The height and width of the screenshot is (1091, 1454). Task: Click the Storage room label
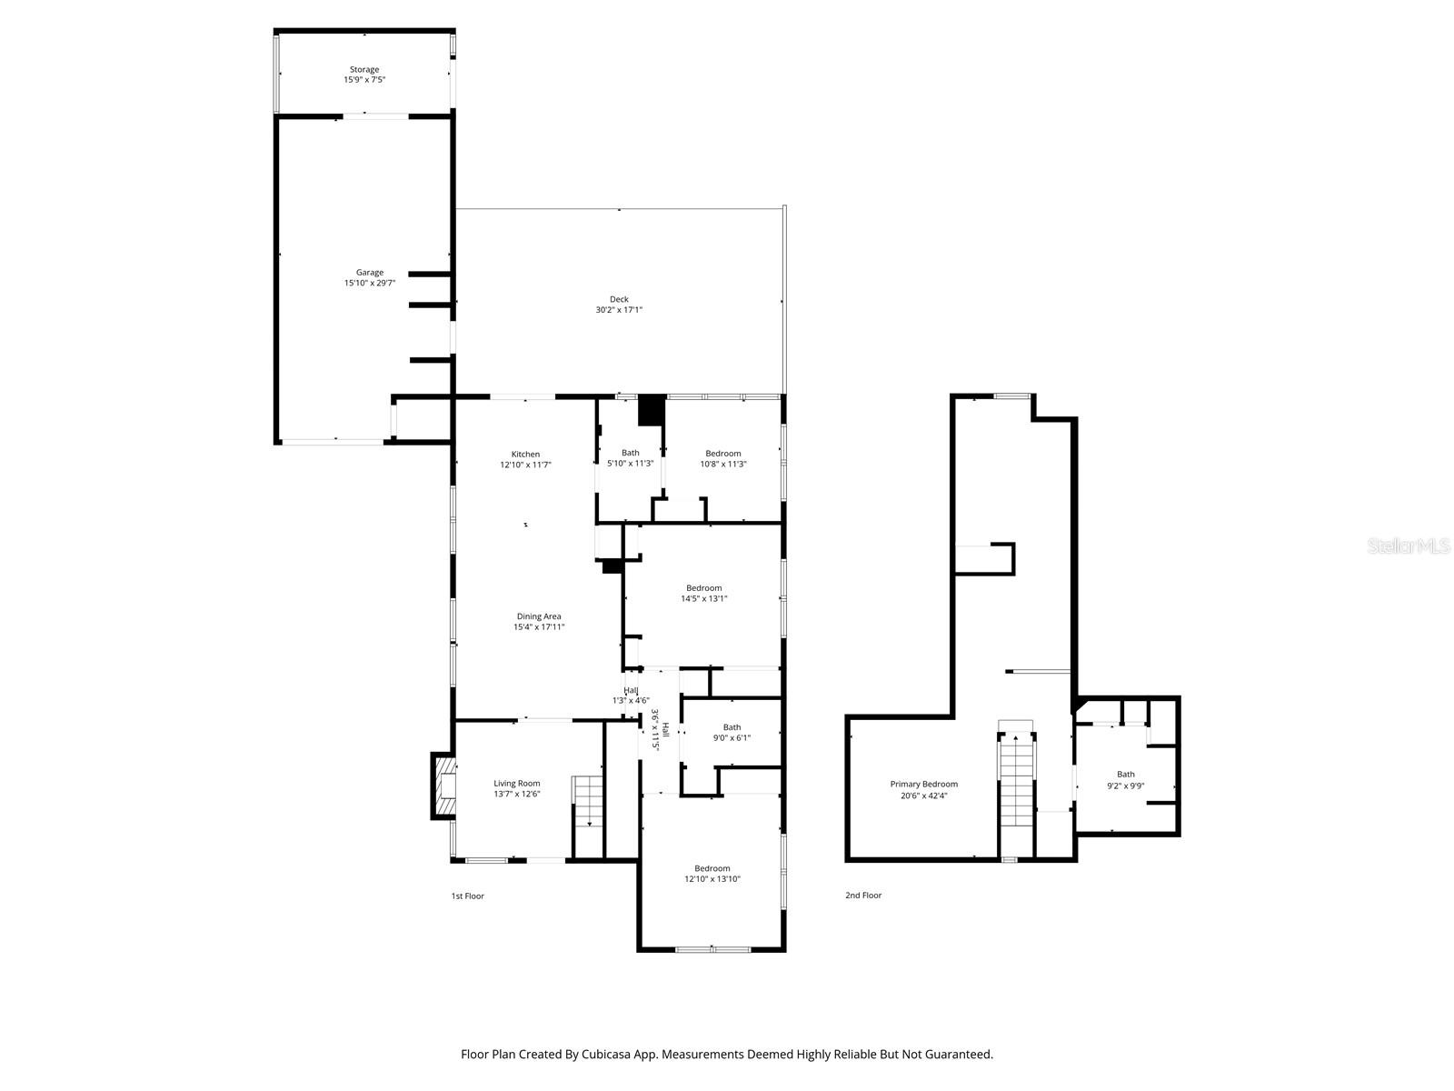[364, 69]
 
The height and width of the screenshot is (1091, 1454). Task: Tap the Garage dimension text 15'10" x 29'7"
[369, 284]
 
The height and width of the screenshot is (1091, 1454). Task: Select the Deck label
[619, 299]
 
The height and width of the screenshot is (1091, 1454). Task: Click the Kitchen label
[525, 455]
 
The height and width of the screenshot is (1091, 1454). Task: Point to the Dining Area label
[539, 616]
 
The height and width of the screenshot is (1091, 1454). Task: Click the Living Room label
[517, 783]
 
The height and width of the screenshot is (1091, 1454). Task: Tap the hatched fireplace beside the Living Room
[445, 786]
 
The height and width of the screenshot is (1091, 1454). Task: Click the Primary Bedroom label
[923, 784]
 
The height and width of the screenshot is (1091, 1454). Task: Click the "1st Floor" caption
[468, 896]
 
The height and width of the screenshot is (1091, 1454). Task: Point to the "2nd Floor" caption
[863, 896]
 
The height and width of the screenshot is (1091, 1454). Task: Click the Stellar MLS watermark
[1409, 546]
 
